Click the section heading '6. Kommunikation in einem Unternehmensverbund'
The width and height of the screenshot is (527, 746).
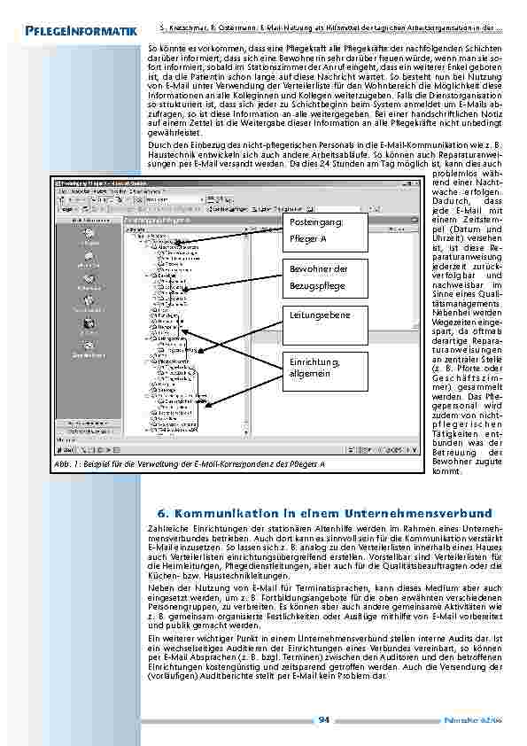323,513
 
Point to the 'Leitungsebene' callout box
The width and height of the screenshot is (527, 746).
314,315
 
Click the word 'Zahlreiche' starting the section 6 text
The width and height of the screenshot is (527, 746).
165,528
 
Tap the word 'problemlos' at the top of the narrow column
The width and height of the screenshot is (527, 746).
455,175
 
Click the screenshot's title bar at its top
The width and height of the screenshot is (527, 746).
222,181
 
